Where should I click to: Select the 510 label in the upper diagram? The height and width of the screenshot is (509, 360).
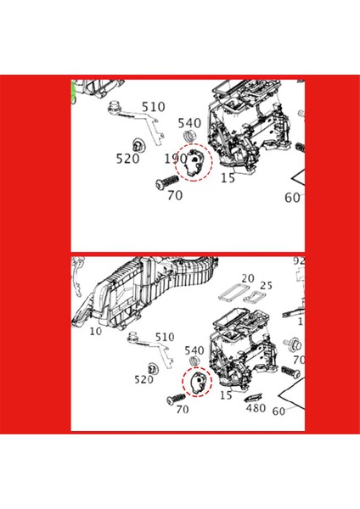pyautogui.click(x=154, y=107)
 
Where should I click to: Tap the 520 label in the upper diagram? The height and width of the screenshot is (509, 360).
pyautogui.click(x=129, y=158)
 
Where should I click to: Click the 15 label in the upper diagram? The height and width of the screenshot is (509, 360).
pyautogui.click(x=227, y=179)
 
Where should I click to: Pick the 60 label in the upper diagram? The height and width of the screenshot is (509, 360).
pyautogui.click(x=292, y=199)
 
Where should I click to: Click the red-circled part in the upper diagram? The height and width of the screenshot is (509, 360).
pyautogui.click(x=194, y=160)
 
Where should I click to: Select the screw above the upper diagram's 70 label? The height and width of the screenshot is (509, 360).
pyautogui.click(x=166, y=182)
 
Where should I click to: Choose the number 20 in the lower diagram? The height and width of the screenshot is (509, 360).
pyautogui.click(x=247, y=278)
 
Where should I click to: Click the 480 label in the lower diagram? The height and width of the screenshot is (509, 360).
pyautogui.click(x=256, y=408)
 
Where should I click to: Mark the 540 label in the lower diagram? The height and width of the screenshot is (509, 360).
pyautogui.click(x=194, y=350)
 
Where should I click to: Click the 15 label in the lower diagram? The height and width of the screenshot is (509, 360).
pyautogui.click(x=226, y=395)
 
